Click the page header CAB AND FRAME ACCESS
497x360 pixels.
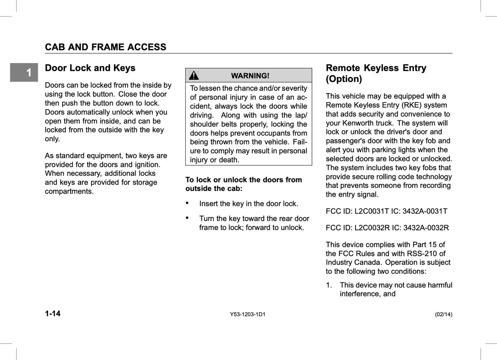pyautogui.click(x=106, y=47)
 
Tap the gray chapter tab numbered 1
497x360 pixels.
pyautogui.click(x=24, y=73)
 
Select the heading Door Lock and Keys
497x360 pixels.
pyautogui.click(x=90, y=68)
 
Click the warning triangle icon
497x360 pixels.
pyautogui.click(x=194, y=75)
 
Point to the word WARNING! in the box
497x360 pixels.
pyautogui.click(x=250, y=76)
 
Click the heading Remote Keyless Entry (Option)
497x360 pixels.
pyautogui.click(x=376, y=73)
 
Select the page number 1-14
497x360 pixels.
pyautogui.click(x=53, y=314)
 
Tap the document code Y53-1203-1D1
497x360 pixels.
pyautogui.click(x=248, y=314)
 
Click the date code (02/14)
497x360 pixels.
pyautogui.click(x=443, y=314)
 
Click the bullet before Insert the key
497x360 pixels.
pyautogui.click(x=187, y=203)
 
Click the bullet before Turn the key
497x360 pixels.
pyautogui.click(x=187, y=218)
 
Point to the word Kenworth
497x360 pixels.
pyautogui.click(x=358, y=123)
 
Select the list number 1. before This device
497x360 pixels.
pyautogui.click(x=329, y=285)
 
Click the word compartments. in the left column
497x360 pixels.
pyautogui.click(x=69, y=192)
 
